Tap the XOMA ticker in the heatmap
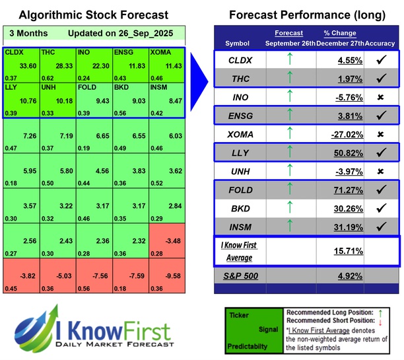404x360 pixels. (x=160, y=52)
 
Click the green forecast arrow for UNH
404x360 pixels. (x=288, y=174)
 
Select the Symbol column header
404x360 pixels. (x=238, y=43)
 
